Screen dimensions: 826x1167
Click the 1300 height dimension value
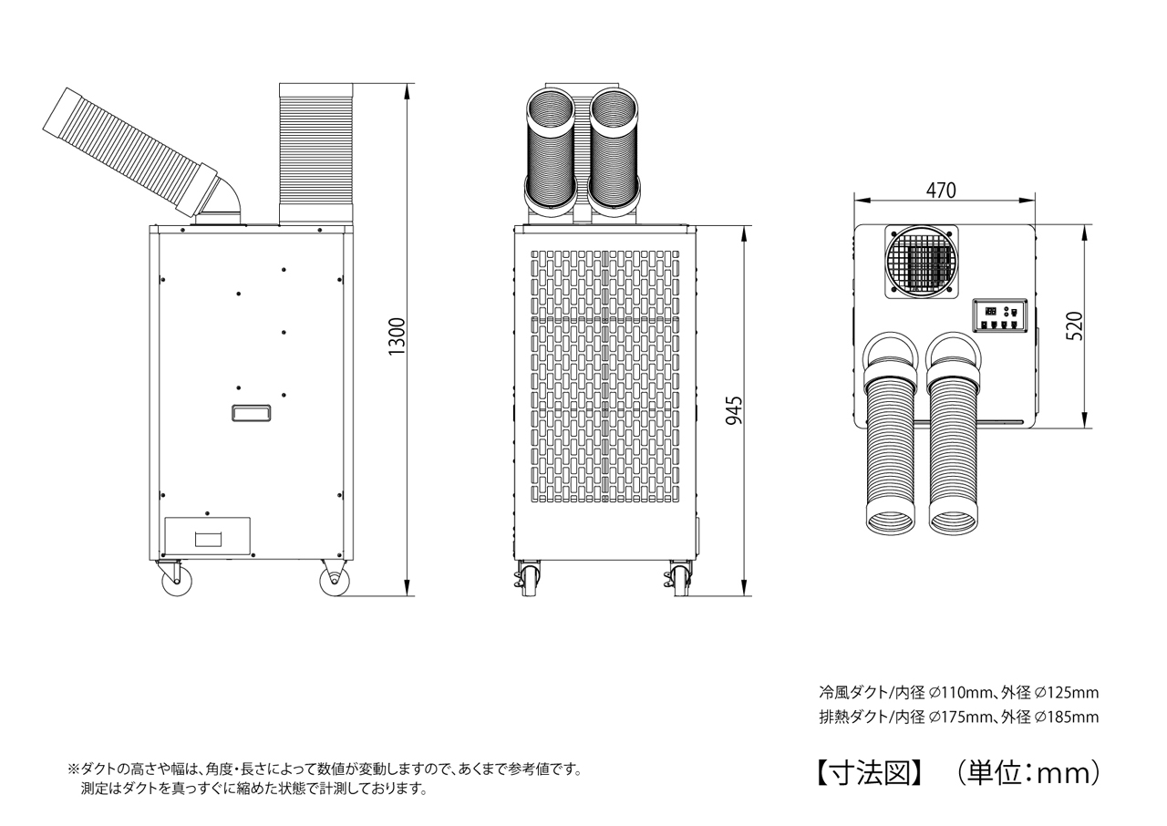coord(396,337)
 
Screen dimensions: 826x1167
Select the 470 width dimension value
coord(941,191)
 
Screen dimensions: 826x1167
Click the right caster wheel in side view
coord(333,580)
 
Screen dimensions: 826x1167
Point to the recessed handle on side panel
coord(251,413)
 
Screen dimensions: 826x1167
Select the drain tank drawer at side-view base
coord(207,536)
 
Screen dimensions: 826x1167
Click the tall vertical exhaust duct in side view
coord(315,152)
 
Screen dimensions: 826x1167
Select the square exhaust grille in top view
coord(923,263)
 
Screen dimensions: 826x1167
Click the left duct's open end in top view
coord(890,522)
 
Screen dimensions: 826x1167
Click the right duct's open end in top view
coord(955,522)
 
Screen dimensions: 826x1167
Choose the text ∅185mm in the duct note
coord(1067,717)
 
